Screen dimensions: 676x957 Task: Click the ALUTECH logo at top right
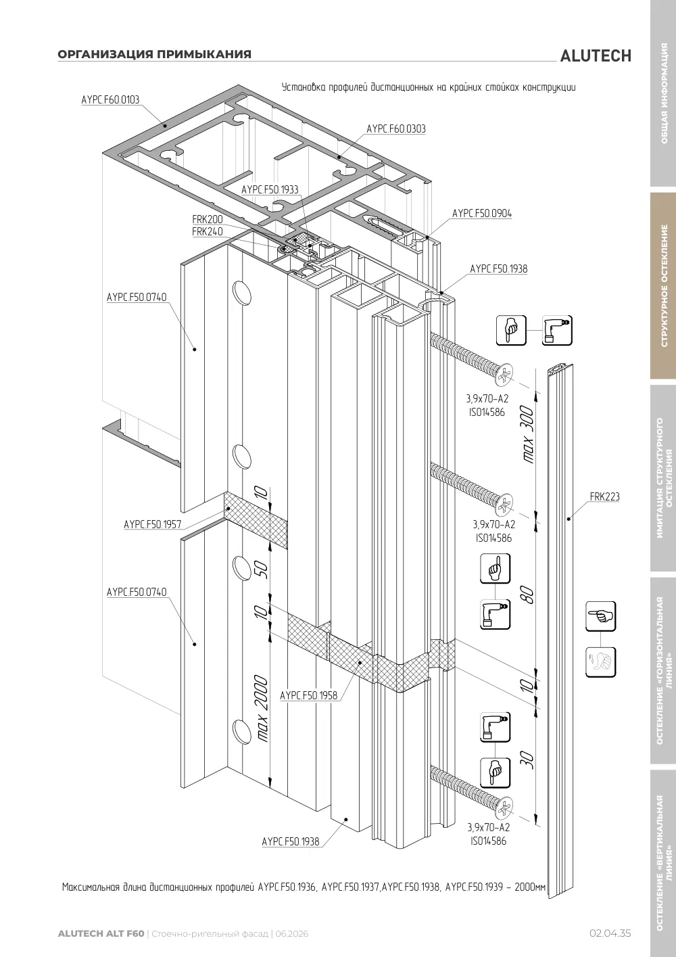click(x=596, y=56)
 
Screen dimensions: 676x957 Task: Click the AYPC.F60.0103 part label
click(x=110, y=99)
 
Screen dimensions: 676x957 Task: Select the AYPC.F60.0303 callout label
click(x=396, y=129)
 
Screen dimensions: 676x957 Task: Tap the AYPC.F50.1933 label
click(x=270, y=189)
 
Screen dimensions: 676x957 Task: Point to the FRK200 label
click(x=208, y=219)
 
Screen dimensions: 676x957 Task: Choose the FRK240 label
click(x=208, y=231)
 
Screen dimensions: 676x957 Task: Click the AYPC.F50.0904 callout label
click(x=482, y=213)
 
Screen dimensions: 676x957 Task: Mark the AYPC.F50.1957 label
click(x=153, y=524)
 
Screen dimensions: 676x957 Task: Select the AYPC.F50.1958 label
click(x=308, y=695)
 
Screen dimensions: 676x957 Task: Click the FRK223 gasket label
click(x=605, y=496)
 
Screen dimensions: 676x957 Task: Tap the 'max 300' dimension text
click(x=528, y=434)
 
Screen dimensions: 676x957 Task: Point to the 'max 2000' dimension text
click(x=262, y=708)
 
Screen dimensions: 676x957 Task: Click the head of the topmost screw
click(x=504, y=375)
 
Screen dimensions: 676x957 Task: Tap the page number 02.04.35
click(x=610, y=933)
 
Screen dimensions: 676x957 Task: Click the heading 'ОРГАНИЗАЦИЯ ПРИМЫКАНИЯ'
click(x=155, y=54)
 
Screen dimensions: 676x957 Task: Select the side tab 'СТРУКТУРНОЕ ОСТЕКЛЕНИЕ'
click(x=664, y=285)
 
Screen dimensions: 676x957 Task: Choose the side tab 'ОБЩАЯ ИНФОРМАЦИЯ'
click(x=664, y=93)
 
